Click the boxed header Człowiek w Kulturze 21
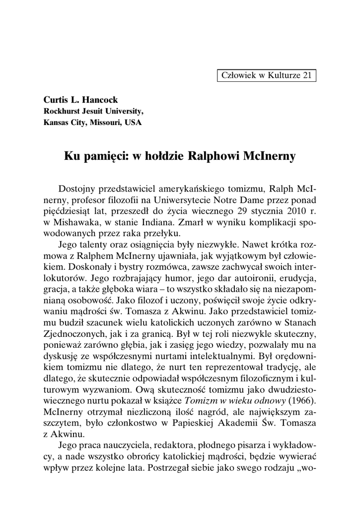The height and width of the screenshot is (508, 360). click(266, 75)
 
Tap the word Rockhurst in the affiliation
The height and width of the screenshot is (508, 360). click(62, 112)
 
